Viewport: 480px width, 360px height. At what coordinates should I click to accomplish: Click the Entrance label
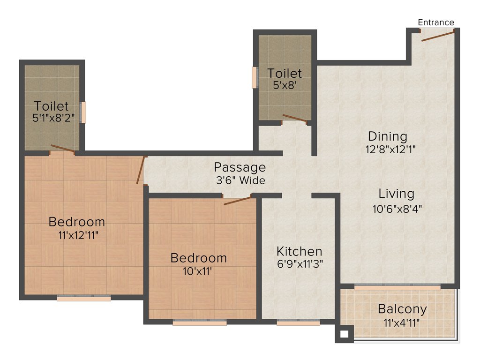pos(436,22)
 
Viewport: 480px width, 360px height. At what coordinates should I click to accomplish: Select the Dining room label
pos(387,136)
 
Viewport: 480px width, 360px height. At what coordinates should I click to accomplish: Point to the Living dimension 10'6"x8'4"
pos(397,209)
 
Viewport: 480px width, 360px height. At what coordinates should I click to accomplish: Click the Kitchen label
pos(299,251)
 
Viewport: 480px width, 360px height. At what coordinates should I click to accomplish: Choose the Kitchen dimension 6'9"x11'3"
pos(299,263)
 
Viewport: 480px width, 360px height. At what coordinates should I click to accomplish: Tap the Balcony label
pos(402,309)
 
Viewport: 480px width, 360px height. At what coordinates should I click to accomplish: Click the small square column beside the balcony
pos(344,335)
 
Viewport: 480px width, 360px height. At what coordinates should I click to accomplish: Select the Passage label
pos(240,167)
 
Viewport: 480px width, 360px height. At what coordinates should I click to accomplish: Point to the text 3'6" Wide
pos(240,180)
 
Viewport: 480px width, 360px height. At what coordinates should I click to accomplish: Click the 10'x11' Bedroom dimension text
pos(198,270)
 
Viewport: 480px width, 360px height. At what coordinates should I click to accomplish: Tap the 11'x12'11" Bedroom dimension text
pos(77,235)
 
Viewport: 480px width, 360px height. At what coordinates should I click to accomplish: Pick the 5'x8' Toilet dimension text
pos(285,86)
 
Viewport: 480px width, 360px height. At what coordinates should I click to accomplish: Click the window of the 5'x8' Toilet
pos(255,78)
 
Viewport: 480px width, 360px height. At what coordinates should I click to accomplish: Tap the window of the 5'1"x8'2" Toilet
pos(83,112)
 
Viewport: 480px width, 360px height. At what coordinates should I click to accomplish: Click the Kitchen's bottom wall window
pos(298,322)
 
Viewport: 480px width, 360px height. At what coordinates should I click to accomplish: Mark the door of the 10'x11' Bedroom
pos(238,201)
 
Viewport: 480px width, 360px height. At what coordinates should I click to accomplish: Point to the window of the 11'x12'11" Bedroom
pos(84,298)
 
